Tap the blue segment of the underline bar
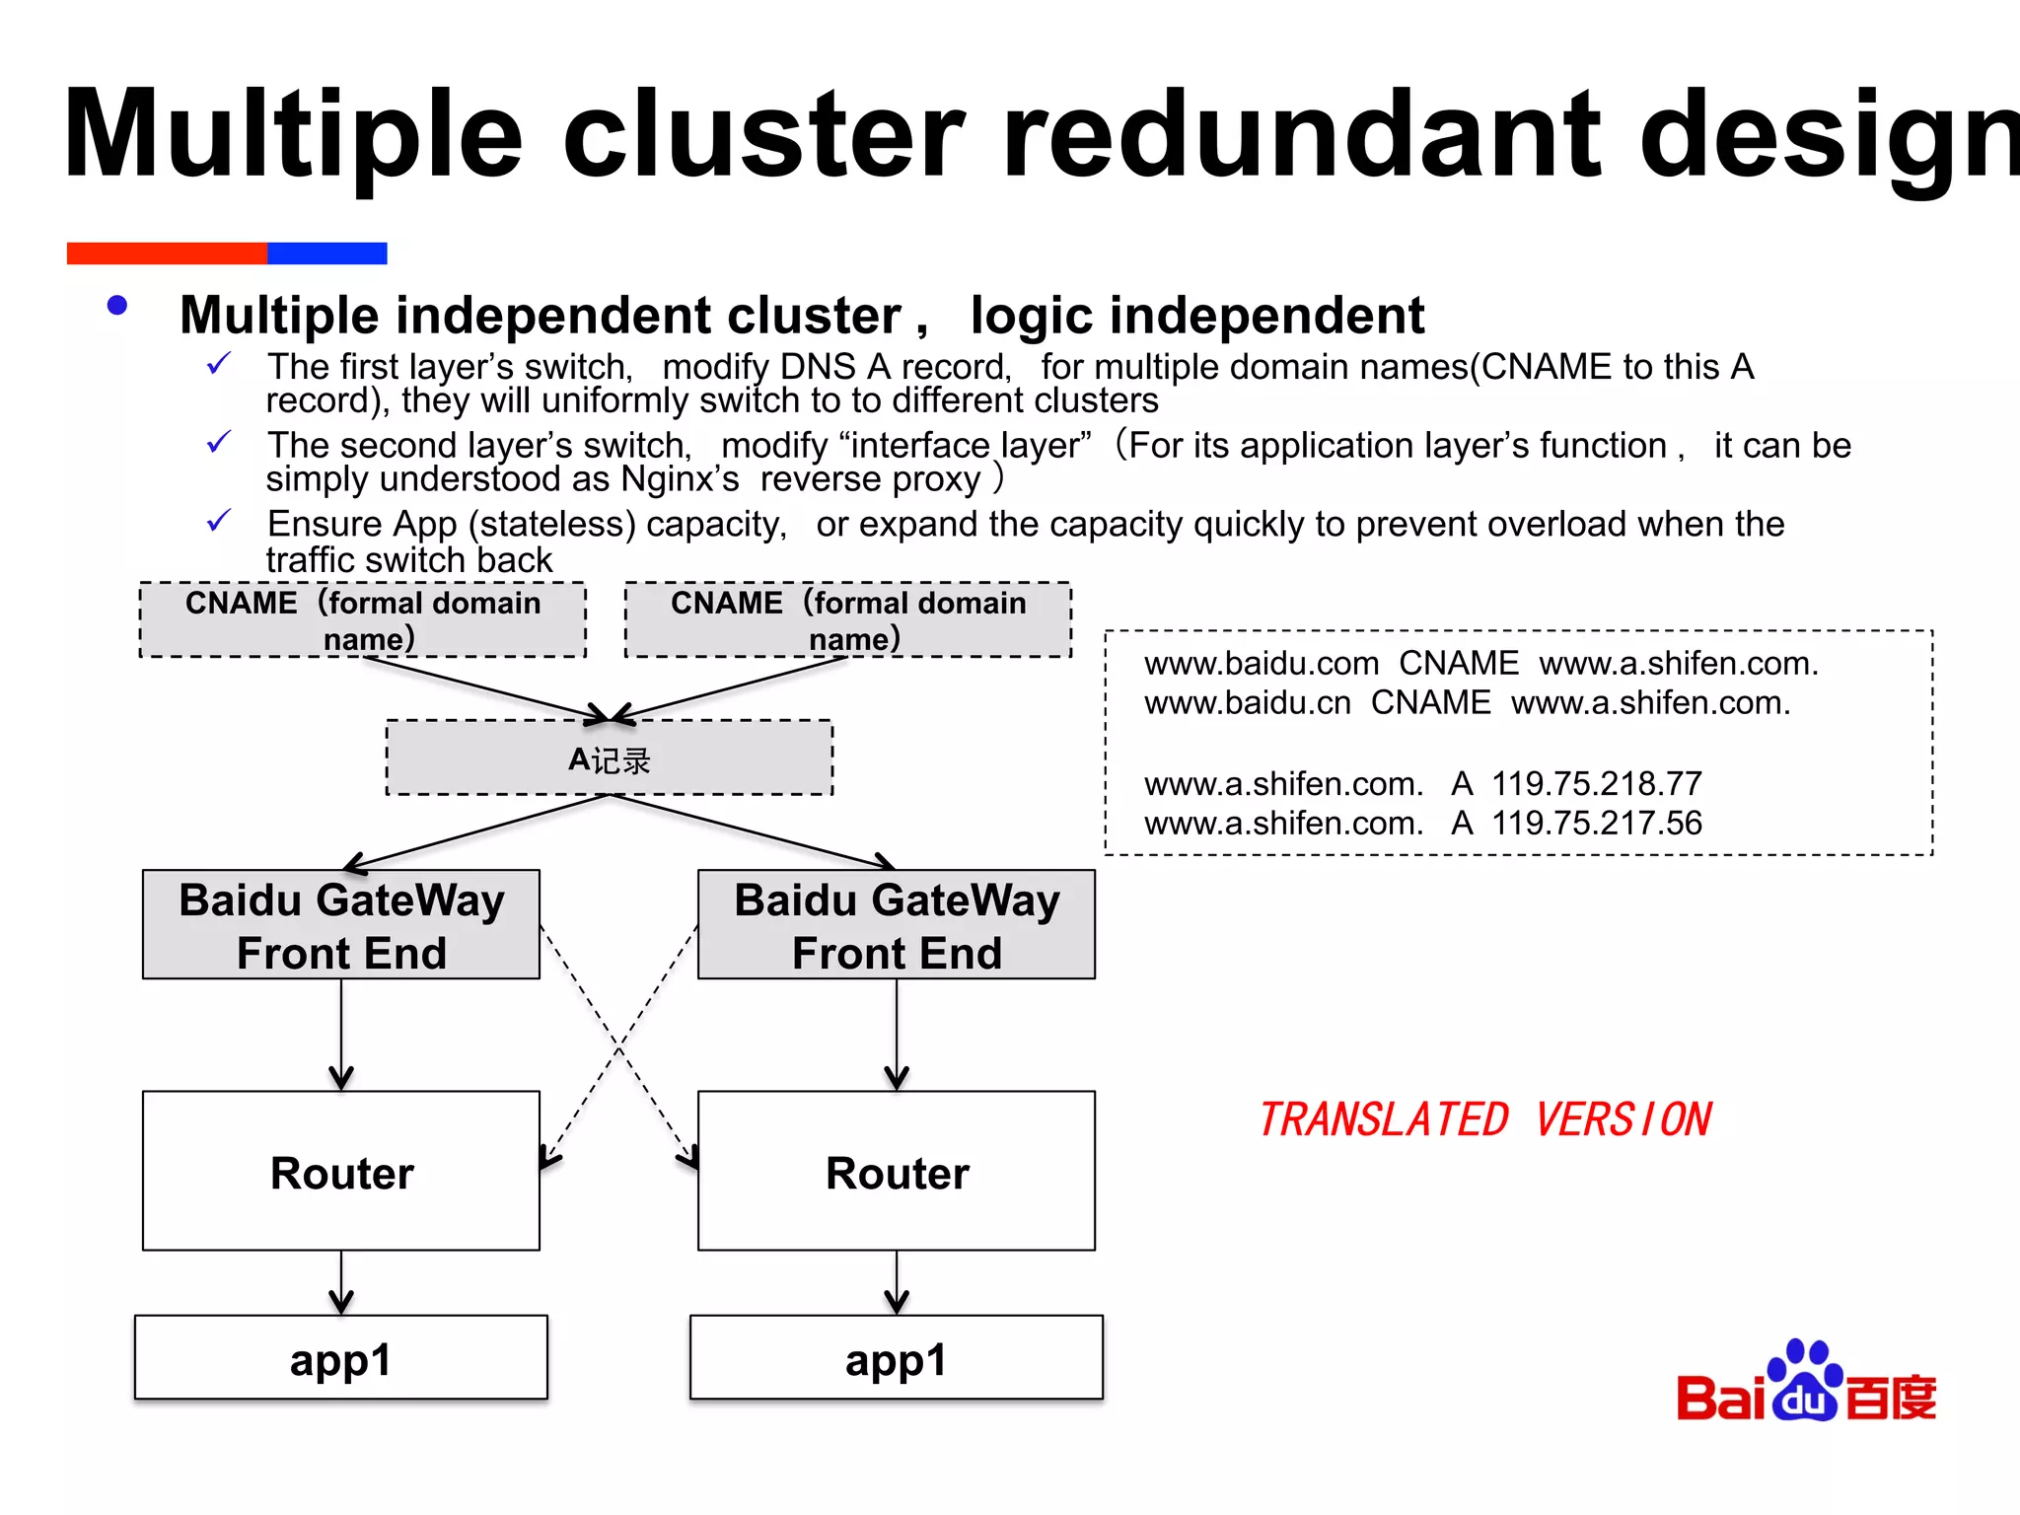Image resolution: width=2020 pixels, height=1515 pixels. coord(326,253)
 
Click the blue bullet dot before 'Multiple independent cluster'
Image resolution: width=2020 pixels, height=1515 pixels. coord(117,306)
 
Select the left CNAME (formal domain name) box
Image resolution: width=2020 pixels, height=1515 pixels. coord(363,619)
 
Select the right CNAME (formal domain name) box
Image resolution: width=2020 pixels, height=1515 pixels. coord(848,619)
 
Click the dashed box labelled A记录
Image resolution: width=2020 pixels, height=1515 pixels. coord(610,757)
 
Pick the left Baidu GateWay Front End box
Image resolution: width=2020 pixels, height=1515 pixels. coord(341,924)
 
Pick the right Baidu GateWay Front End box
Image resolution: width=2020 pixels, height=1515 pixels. coord(896,924)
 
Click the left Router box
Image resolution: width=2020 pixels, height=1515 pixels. coord(341,1171)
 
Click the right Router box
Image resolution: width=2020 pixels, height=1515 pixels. coord(896,1171)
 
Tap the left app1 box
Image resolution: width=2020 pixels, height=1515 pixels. coord(341,1357)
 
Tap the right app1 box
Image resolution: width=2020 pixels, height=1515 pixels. coord(896,1357)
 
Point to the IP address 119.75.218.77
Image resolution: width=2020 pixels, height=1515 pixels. coord(1596,783)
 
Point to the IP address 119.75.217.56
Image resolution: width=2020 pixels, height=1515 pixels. coord(1596,823)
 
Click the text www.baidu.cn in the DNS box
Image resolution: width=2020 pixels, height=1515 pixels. coord(1247,702)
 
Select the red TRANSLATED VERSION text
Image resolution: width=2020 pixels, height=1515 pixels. coord(1485,1119)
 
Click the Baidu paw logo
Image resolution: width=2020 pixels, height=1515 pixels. coord(1805,1381)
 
